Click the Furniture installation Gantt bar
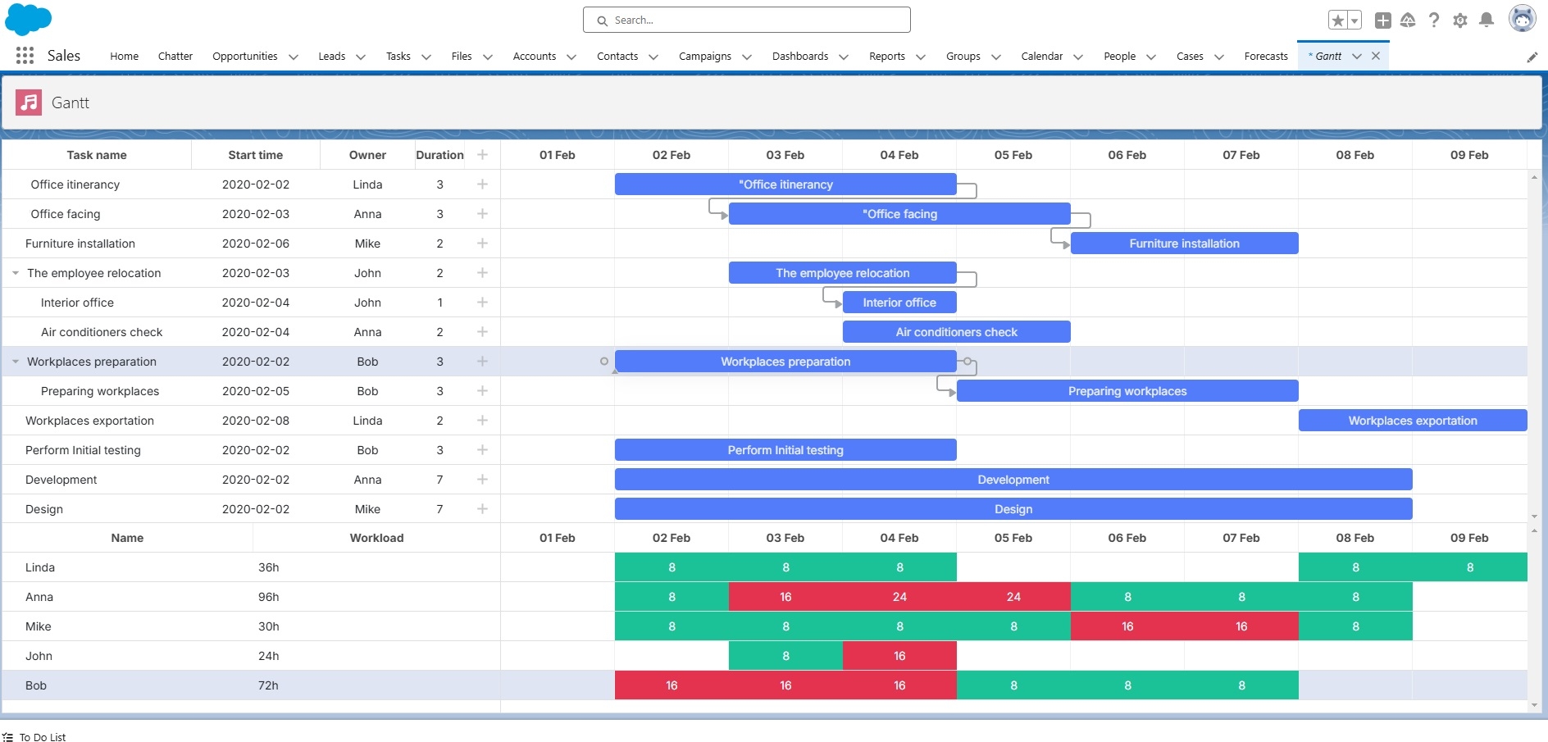pyautogui.click(x=1184, y=244)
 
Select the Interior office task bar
pyautogui.click(x=899, y=303)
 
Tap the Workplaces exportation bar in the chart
pyautogui.click(x=1412, y=421)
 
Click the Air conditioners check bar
pyautogui.click(x=956, y=332)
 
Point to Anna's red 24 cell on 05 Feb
pyautogui.click(x=1013, y=597)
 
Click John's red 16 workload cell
pyautogui.click(x=899, y=656)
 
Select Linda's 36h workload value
pyautogui.click(x=268, y=567)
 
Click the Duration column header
pyautogui.click(x=439, y=155)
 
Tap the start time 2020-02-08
pyautogui.click(x=255, y=421)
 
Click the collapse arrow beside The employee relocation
pyautogui.click(x=16, y=273)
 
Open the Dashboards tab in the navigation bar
pyautogui.click(x=799, y=57)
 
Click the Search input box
pyautogui.click(x=746, y=20)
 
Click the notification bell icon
pyautogui.click(x=1486, y=20)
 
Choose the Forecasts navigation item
pyautogui.click(x=1265, y=57)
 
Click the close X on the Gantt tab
pyautogui.click(x=1376, y=56)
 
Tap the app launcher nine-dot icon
pyautogui.click(x=25, y=56)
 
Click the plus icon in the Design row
pyautogui.click(x=482, y=509)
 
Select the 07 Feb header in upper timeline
pyautogui.click(x=1241, y=155)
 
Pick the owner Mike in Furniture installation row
pyautogui.click(x=367, y=244)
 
